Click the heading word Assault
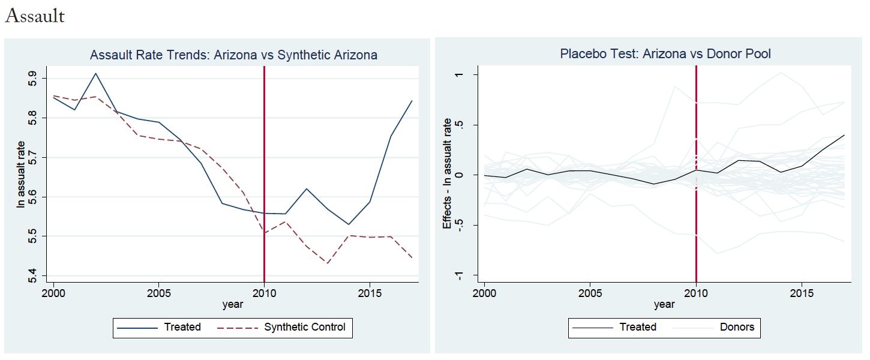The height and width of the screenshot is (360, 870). point(35,16)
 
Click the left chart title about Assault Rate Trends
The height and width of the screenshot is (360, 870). point(233,55)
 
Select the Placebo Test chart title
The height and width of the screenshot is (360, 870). point(665,53)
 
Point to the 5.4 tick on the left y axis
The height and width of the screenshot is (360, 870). point(32,275)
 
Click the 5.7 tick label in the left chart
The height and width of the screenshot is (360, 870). point(32,158)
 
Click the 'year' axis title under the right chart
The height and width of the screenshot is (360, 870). point(664,305)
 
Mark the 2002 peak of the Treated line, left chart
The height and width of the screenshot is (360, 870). point(95,73)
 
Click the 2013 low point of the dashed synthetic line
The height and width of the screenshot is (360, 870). point(328,263)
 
